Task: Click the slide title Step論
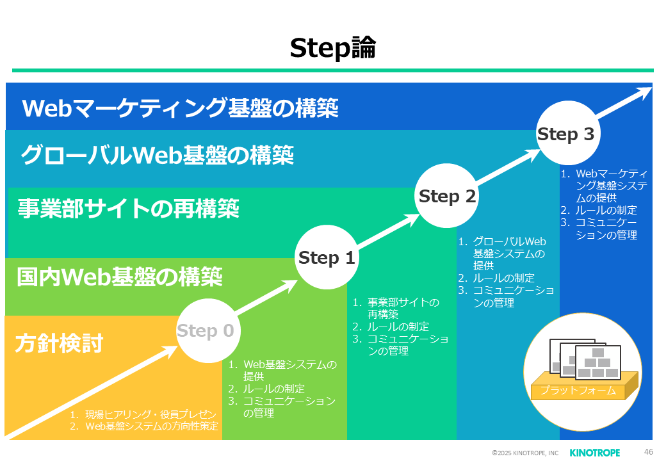(x=332, y=48)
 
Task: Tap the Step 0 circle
(x=206, y=331)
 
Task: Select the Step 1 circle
(x=327, y=258)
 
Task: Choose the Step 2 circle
(x=447, y=197)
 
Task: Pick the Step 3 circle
(x=566, y=134)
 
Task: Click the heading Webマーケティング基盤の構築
(x=180, y=108)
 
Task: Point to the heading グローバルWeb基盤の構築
(x=157, y=155)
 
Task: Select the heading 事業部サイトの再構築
(x=128, y=208)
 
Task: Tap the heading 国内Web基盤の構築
(x=120, y=277)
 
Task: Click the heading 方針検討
(x=59, y=343)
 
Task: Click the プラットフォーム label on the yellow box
(x=578, y=390)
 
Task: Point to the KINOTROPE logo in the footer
(x=594, y=453)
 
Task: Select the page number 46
(x=648, y=452)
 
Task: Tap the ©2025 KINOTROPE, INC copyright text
(x=525, y=453)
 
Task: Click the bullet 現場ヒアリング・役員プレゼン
(x=152, y=415)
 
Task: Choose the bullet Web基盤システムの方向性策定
(x=152, y=426)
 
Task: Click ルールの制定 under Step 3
(x=606, y=210)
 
